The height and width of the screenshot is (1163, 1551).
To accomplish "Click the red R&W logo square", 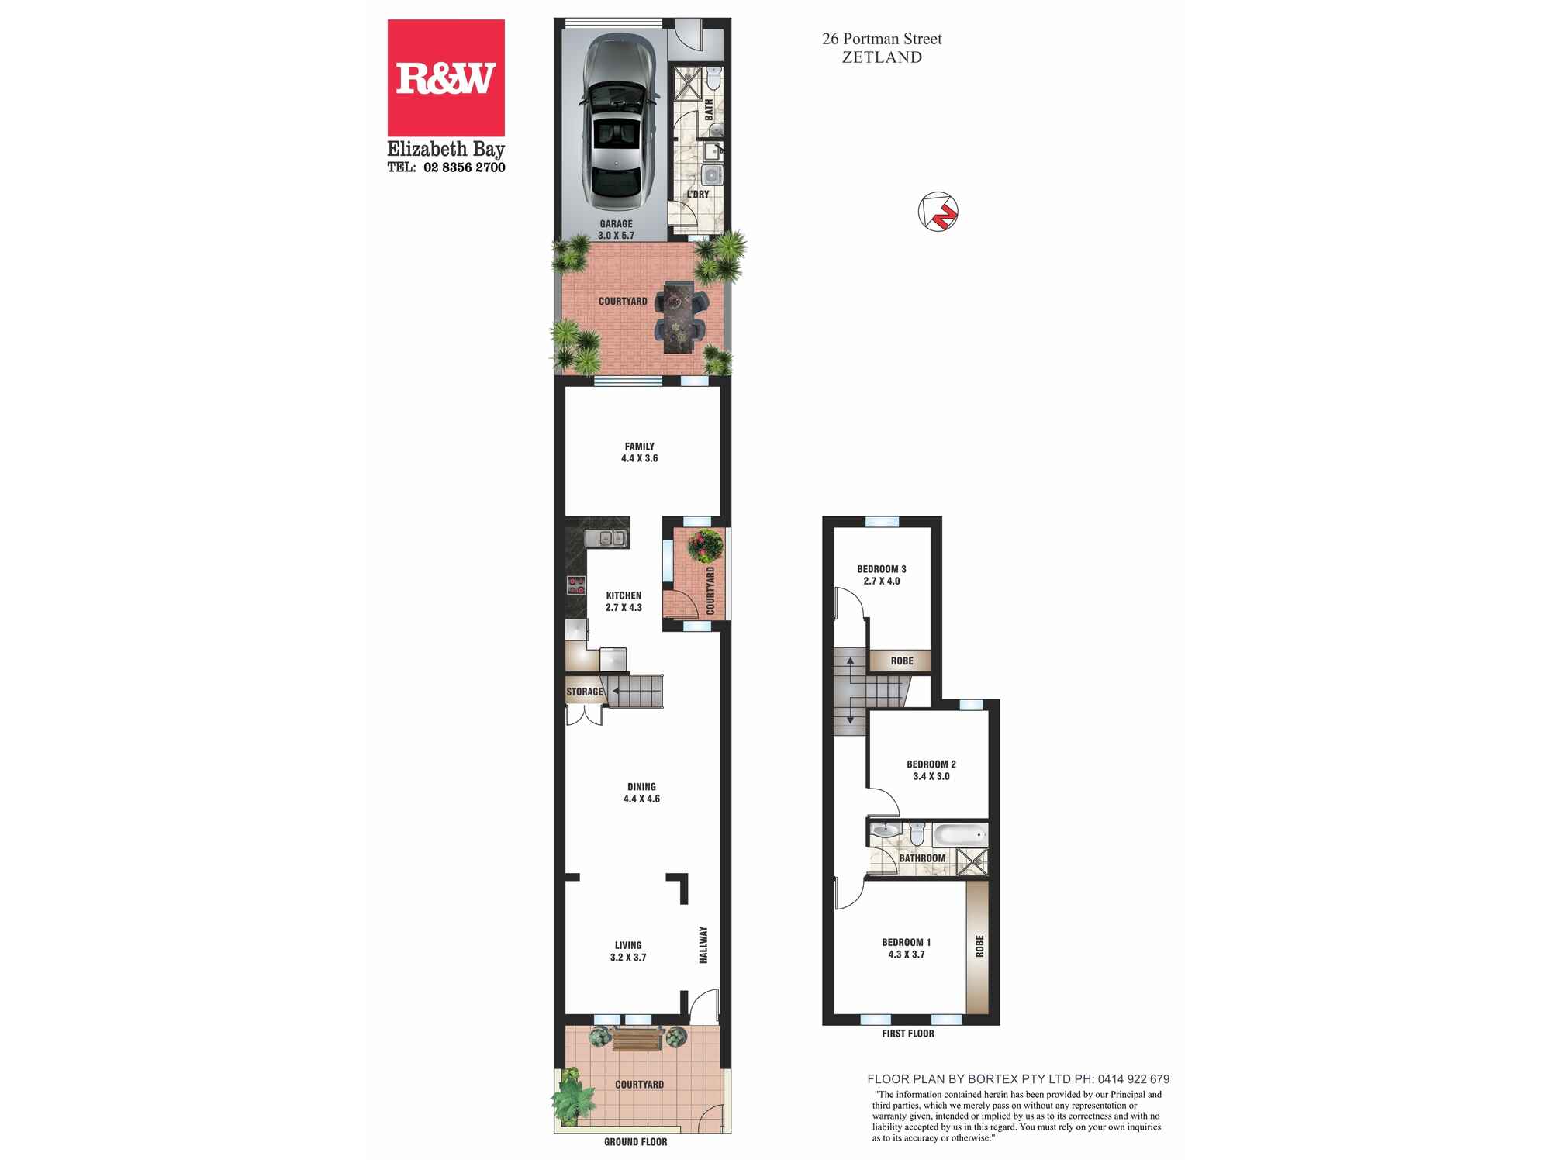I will point(446,78).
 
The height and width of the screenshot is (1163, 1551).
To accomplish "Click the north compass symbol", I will point(938,211).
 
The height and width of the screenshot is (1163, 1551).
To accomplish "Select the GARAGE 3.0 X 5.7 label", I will point(616,229).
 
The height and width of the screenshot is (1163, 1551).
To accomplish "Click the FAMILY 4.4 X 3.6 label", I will point(639,452).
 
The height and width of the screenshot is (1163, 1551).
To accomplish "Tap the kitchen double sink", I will point(606,537).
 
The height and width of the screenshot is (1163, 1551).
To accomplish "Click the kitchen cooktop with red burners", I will point(575,585).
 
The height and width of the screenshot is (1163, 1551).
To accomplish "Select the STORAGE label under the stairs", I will point(584,692).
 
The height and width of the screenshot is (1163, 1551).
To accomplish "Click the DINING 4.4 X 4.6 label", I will point(641,792).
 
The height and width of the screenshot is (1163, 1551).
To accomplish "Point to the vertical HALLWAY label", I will point(703,944).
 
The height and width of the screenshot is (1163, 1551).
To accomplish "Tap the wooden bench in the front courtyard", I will point(637,1038).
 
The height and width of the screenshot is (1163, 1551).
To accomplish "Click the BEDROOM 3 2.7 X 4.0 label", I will point(881,575).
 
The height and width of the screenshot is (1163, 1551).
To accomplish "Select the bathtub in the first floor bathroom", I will point(960,835).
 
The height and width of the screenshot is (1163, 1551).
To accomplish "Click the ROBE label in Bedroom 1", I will point(979,946).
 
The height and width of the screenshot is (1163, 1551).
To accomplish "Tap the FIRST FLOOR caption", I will point(907,1034).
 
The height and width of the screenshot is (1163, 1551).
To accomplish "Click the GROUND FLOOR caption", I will point(635,1141).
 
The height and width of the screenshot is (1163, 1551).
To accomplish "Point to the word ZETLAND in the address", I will point(882,57).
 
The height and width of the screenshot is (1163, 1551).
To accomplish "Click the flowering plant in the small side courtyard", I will point(705,545).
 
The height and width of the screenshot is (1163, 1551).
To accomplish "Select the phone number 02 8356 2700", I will point(464,167).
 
